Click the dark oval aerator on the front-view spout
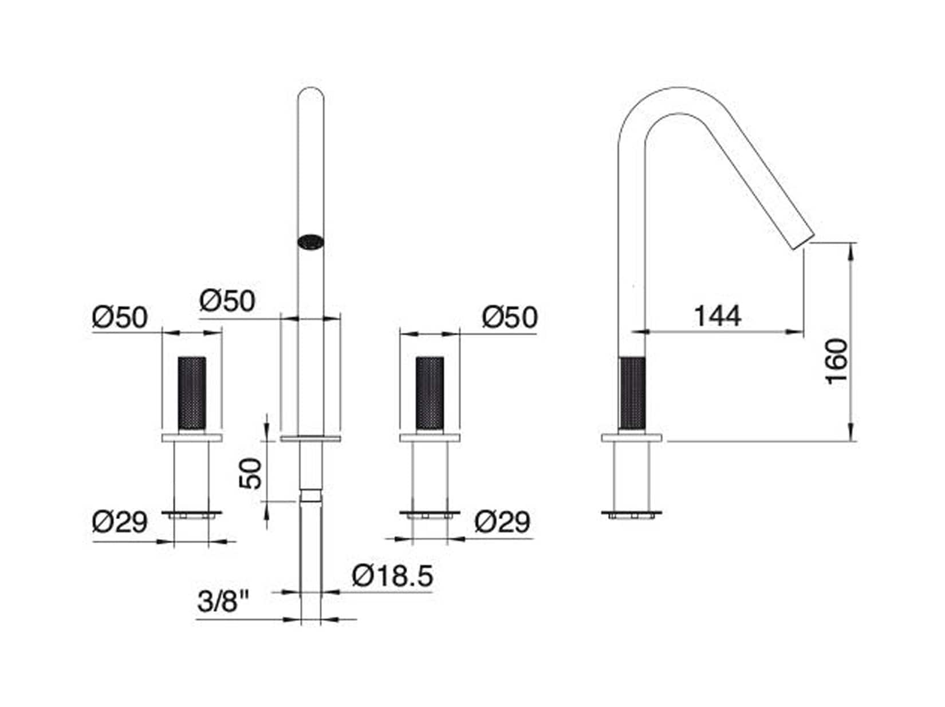click(310, 242)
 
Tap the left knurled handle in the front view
click(192, 393)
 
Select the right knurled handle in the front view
click(429, 393)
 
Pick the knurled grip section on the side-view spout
click(632, 393)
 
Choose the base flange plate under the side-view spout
click(632, 438)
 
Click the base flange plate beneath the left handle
click(192, 438)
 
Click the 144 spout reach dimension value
click(718, 315)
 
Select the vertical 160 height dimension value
click(837, 361)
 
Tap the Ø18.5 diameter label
click(392, 576)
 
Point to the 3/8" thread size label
click(223, 601)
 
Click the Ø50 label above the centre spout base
click(227, 301)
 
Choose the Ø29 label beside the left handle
click(120, 522)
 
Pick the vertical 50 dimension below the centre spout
click(250, 473)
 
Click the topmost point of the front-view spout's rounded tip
click(310, 88)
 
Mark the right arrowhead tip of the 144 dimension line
click(804, 331)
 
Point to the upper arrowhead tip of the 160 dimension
click(850, 243)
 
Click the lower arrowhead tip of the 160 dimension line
click(850, 441)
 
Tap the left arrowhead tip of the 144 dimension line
click(632, 331)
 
